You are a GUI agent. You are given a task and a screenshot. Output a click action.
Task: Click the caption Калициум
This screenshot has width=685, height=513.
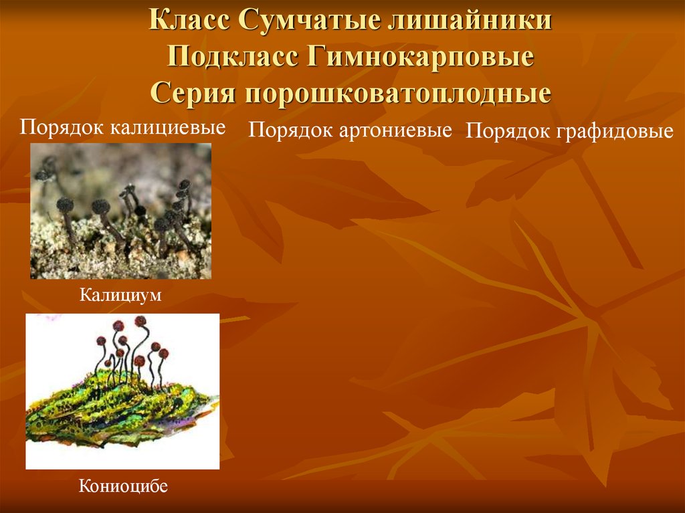pyautogui.click(x=121, y=295)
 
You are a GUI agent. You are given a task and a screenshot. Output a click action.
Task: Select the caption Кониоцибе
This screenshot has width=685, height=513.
pyautogui.click(x=122, y=486)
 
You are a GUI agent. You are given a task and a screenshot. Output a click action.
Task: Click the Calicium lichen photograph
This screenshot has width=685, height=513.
pyautogui.click(x=120, y=211)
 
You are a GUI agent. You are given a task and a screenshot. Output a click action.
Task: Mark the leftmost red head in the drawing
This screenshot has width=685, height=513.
pyautogui.click(x=102, y=340)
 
